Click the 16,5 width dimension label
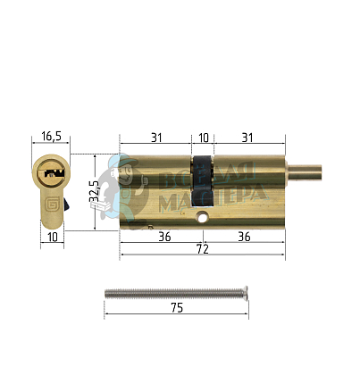pos(51,137)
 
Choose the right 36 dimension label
pos(244,237)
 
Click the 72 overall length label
pos(203,251)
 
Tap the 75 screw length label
pos(176,307)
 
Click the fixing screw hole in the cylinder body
pos(203,217)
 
